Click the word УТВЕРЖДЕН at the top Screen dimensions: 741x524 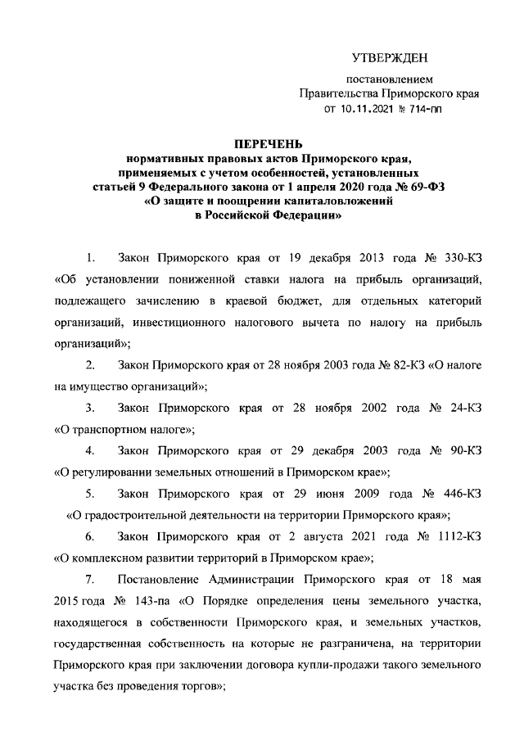click(x=390, y=57)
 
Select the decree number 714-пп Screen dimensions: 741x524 click(x=425, y=110)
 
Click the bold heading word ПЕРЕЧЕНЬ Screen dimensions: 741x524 click(x=263, y=146)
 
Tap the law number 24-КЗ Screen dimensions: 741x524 click(x=450, y=406)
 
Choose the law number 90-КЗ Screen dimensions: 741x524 click(x=450, y=450)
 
